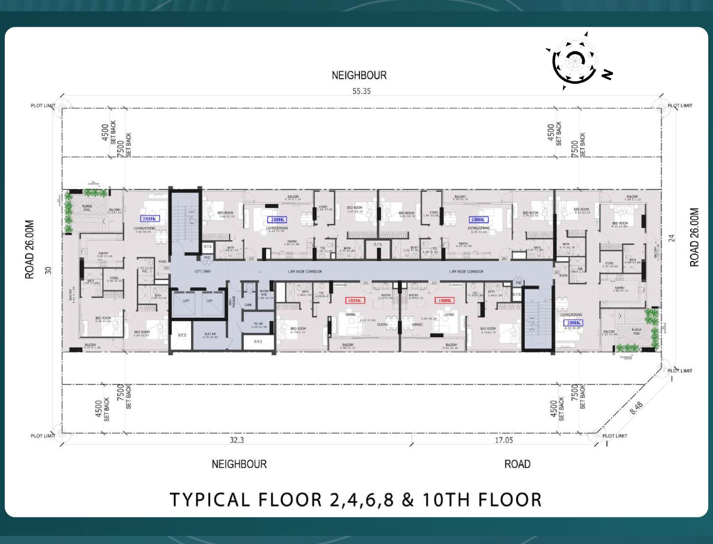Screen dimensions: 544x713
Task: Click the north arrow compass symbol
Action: point(575,61)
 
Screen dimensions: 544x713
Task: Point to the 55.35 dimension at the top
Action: point(361,91)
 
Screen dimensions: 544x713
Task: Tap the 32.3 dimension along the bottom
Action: point(237,440)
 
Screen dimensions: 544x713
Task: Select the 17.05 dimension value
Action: point(504,440)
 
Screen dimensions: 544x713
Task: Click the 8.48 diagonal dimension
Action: point(636,408)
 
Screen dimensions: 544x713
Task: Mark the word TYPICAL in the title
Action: point(210,500)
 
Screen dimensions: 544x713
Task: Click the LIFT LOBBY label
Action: point(203,272)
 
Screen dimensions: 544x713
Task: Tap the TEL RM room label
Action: point(259,325)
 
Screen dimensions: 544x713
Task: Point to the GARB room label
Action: point(248,305)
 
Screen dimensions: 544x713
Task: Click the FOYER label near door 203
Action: point(563,275)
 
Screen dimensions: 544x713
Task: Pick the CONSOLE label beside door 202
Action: point(456,285)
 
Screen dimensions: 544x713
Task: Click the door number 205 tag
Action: point(251,259)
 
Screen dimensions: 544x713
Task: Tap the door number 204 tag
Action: point(504,259)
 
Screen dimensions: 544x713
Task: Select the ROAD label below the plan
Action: point(517,464)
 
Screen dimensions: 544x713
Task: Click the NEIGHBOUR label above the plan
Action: point(359,75)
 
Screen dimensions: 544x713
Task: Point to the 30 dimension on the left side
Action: point(48,270)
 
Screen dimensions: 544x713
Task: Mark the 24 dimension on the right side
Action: point(672,238)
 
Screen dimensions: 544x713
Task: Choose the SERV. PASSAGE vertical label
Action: point(233,301)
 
